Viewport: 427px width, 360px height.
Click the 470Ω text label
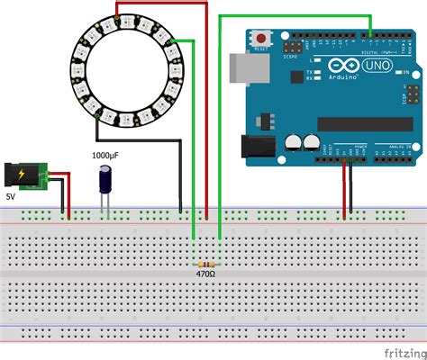206,273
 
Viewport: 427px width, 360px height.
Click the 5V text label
11,194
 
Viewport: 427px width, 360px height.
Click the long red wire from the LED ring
206,108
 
